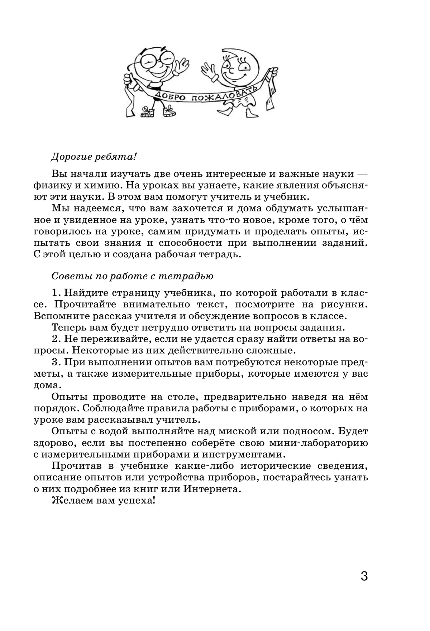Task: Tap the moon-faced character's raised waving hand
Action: pos(210,70)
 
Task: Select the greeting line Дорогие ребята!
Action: pos(95,157)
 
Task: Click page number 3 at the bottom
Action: pos(364,577)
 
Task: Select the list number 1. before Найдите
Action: pos(56,293)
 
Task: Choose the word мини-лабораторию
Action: pos(321,443)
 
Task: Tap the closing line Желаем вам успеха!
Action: pos(104,501)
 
